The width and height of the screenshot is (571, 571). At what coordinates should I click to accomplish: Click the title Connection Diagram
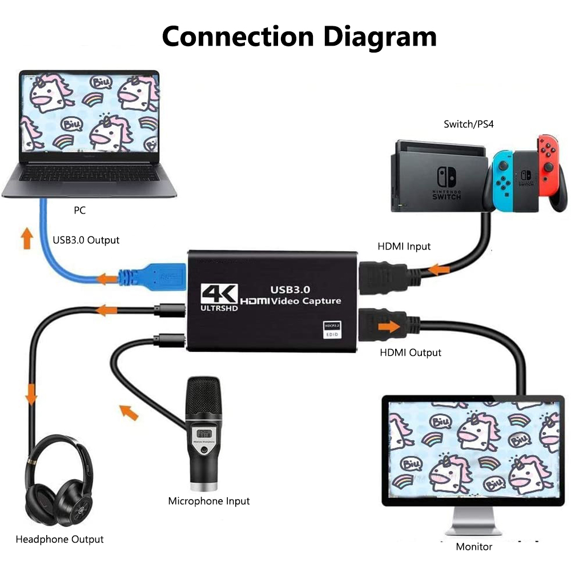(299, 36)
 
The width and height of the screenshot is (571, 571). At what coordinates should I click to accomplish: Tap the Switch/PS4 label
(469, 124)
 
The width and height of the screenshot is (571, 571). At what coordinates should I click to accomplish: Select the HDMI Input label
(404, 247)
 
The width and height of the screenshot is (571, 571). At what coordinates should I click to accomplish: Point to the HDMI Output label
(411, 352)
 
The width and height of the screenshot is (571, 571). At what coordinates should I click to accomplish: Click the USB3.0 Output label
(86, 240)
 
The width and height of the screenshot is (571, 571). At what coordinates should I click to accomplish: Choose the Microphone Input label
(208, 501)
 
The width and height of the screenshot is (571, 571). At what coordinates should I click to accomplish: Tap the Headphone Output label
(59, 539)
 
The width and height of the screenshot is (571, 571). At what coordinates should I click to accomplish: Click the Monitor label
(474, 546)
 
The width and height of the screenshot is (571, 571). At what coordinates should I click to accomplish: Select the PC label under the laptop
(79, 211)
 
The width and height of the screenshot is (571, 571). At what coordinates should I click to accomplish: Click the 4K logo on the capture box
(219, 295)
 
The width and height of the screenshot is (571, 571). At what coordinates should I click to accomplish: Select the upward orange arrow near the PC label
(25, 238)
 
